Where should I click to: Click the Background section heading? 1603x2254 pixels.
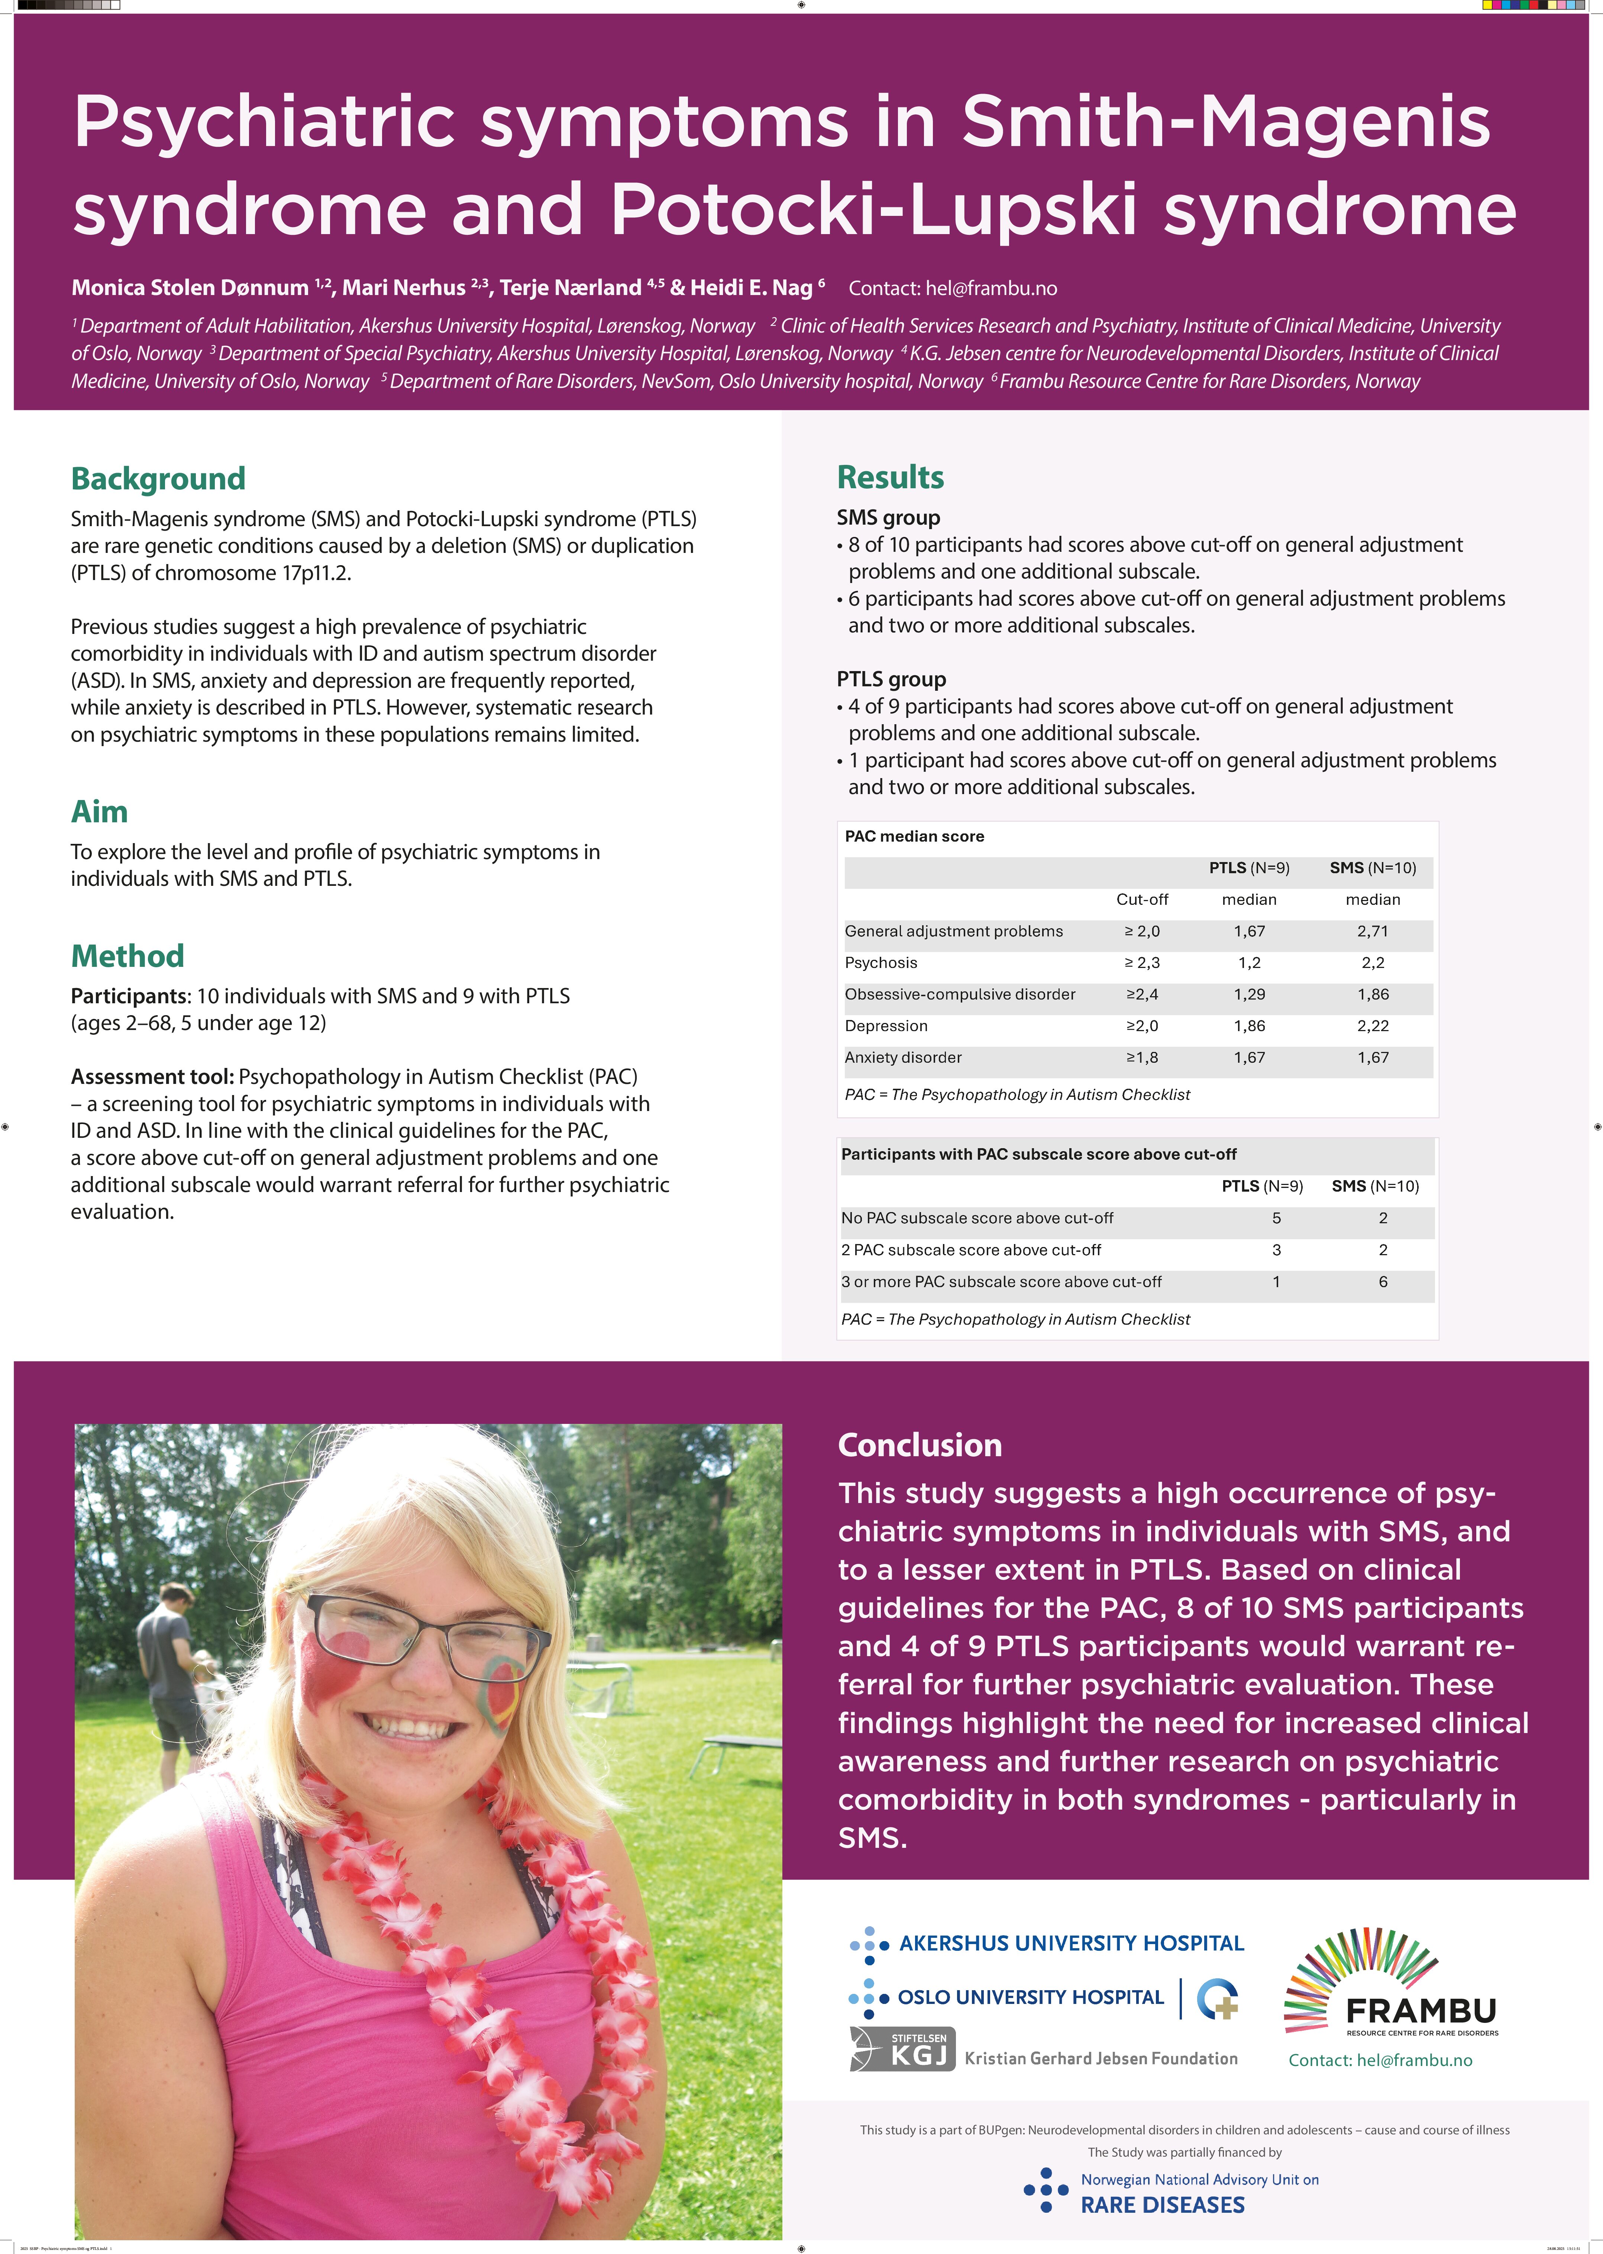(158, 479)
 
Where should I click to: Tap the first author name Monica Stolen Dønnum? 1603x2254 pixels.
(190, 288)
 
